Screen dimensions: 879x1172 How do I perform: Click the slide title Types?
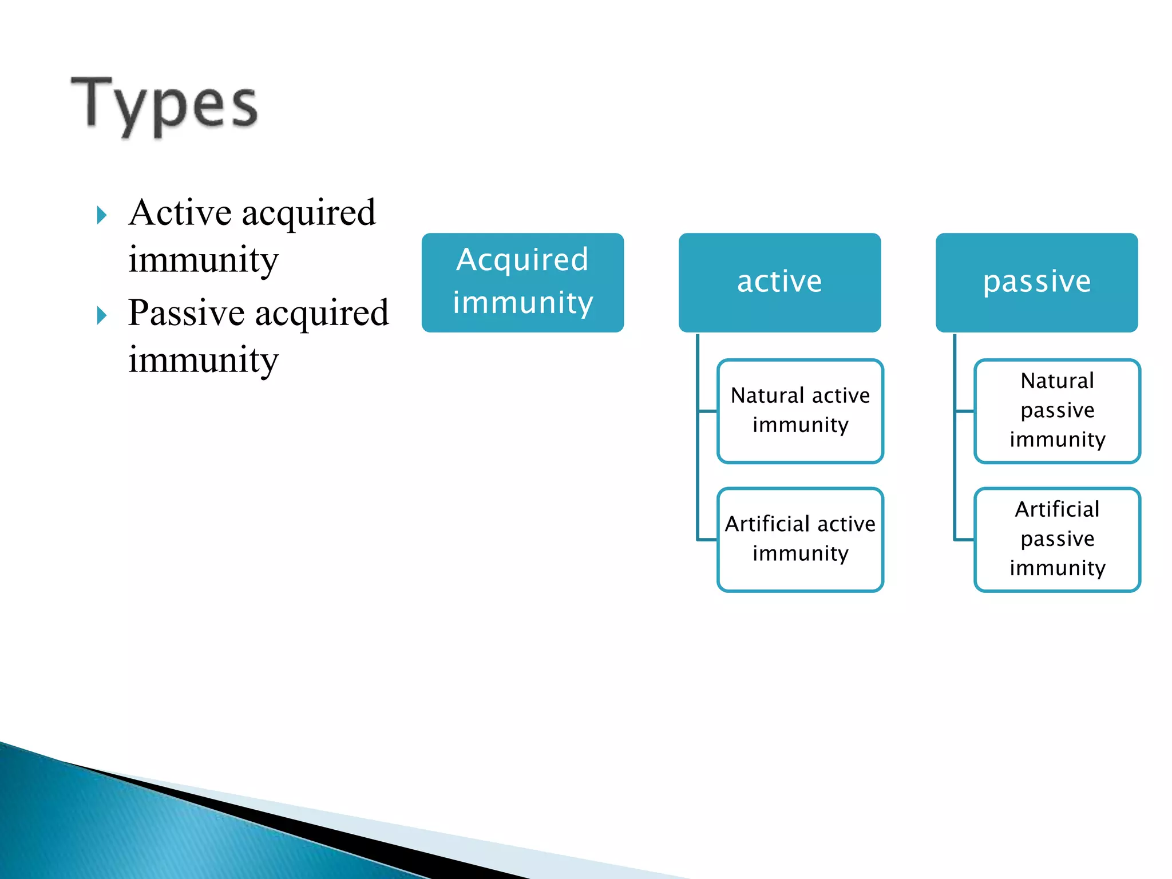pos(164,105)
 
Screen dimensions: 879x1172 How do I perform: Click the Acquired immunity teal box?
pos(522,282)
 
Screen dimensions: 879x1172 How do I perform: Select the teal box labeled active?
pos(779,282)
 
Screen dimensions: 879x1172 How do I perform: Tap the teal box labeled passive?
pos(1036,282)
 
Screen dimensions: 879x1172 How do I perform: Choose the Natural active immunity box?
pos(800,411)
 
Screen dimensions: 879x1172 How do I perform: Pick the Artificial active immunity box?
pos(800,539)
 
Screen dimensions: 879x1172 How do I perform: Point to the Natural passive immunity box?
pos(1057,411)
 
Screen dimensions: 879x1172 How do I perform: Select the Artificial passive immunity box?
pos(1057,539)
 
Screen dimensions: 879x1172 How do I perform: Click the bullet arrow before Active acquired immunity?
pos(102,216)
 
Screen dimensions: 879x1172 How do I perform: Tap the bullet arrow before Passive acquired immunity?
pos(102,316)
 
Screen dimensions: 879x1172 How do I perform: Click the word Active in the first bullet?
pos(180,213)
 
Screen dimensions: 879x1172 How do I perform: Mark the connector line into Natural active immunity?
pos(707,411)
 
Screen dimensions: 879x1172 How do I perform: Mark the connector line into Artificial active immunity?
pos(707,539)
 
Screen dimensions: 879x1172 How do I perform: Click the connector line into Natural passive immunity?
pos(964,411)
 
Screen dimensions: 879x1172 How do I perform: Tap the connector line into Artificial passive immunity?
pos(964,539)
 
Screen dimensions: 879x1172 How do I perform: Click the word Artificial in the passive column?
pos(1057,509)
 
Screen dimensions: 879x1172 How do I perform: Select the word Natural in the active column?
pos(767,395)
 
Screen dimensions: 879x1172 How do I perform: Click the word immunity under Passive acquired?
pos(203,361)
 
